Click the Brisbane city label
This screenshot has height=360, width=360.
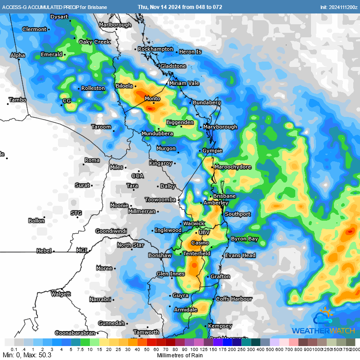click(x=224, y=196)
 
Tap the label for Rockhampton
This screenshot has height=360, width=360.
click(x=156, y=49)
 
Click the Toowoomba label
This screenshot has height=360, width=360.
click(x=160, y=200)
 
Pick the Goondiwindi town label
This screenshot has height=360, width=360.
click(x=111, y=231)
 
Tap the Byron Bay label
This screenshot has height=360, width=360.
click(x=244, y=239)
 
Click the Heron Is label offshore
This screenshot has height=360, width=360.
click(x=190, y=52)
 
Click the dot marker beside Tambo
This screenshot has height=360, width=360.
click(x=8, y=104)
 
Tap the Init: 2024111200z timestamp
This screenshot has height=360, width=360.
click(x=338, y=7)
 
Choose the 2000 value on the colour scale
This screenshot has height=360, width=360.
click(x=355, y=349)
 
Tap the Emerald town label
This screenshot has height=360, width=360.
click(x=51, y=54)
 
